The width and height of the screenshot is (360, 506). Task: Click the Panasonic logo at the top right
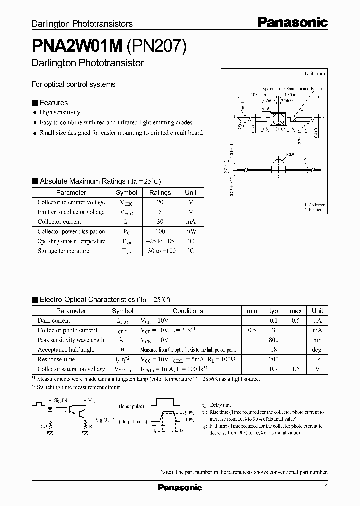pyautogui.click(x=292, y=23)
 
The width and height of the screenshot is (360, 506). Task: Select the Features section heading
pyautogui.click(x=53, y=103)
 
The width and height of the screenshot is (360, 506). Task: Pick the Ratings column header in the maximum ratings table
pyautogui.click(x=160, y=192)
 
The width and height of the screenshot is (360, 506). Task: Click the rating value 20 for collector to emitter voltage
pyautogui.click(x=160, y=202)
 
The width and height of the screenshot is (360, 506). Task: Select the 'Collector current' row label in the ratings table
pyautogui.click(x=59, y=222)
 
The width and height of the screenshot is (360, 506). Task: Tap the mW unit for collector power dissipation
pyautogui.click(x=191, y=231)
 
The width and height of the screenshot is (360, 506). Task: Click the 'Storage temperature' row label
pyautogui.click(x=63, y=251)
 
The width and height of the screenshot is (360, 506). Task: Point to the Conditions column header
pyautogui.click(x=187, y=311)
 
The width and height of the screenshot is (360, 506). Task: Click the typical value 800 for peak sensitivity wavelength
pyautogui.click(x=273, y=340)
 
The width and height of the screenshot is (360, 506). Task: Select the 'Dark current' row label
pyautogui.click(x=54, y=321)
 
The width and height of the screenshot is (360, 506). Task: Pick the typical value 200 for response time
pyautogui.click(x=273, y=359)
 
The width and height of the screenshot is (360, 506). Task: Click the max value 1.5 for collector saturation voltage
pyautogui.click(x=295, y=369)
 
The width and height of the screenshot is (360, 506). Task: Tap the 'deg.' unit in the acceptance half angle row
pyautogui.click(x=317, y=350)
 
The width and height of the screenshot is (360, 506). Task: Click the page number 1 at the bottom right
pyautogui.click(x=326, y=487)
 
